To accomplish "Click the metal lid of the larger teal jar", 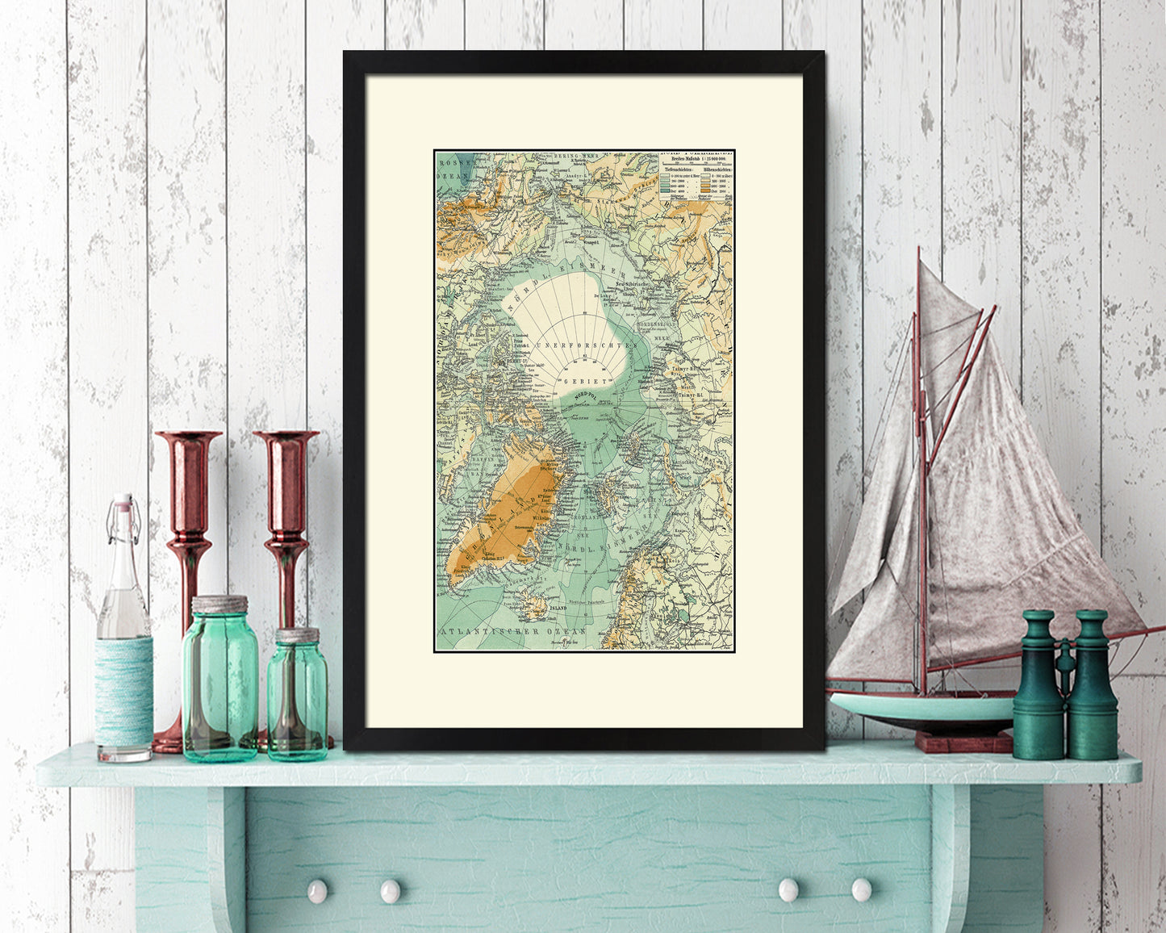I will (219, 605).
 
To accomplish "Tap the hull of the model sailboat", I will (920, 709).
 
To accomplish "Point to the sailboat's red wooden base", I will (962, 741).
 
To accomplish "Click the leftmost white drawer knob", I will (317, 890).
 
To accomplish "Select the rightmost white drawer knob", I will (861, 889).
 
